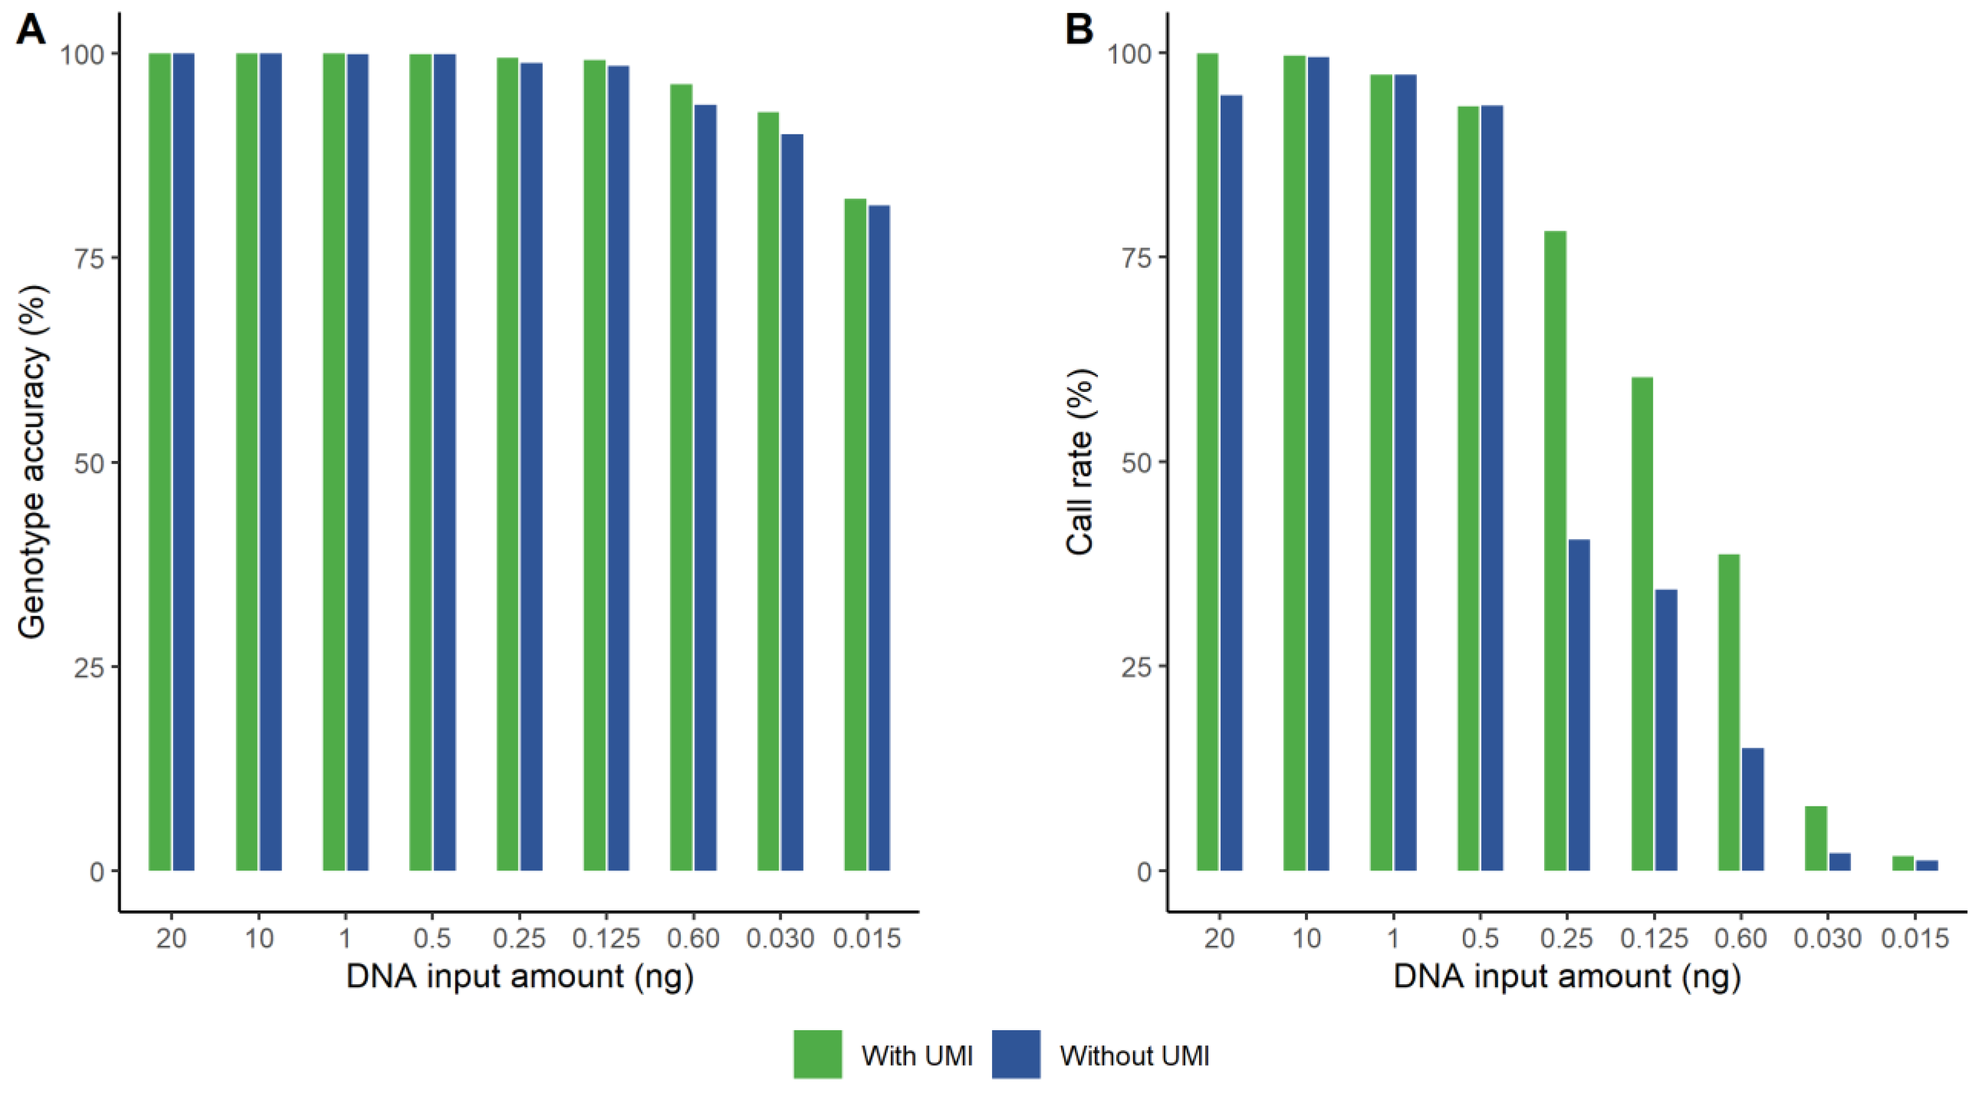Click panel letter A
tap(31, 31)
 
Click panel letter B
tap(1079, 31)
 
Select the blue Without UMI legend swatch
tap(1016, 1055)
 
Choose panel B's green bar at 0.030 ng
tap(1816, 839)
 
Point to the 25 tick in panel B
tap(1136, 666)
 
